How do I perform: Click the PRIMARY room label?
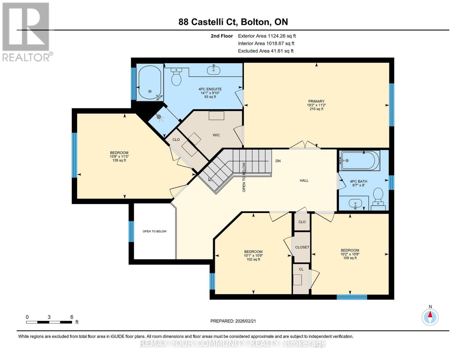click(x=316, y=101)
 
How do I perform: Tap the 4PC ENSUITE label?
click(x=210, y=89)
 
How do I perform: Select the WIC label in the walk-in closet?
click(x=216, y=135)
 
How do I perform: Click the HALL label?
click(x=304, y=181)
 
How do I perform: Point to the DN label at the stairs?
click(x=278, y=161)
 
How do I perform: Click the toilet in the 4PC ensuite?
click(x=176, y=77)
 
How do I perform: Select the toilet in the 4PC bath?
click(x=378, y=196)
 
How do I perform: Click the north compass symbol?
click(x=430, y=316)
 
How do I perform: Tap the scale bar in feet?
click(x=49, y=322)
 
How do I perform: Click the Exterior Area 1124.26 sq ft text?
click(x=267, y=36)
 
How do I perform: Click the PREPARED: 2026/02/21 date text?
click(x=233, y=321)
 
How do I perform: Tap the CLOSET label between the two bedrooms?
click(x=302, y=247)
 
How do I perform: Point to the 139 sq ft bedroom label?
click(x=119, y=160)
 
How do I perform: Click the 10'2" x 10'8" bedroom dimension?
click(x=350, y=254)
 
